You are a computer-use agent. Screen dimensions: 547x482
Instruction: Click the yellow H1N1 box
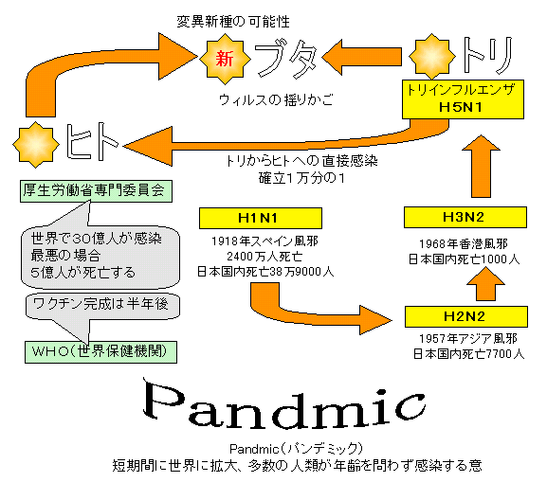(x=261, y=218)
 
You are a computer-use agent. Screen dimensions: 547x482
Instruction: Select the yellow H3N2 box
(x=465, y=217)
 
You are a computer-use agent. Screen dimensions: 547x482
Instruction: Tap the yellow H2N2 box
(x=466, y=317)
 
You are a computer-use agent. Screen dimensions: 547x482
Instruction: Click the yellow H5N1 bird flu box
(x=463, y=99)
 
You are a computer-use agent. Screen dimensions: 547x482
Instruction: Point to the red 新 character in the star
(x=225, y=59)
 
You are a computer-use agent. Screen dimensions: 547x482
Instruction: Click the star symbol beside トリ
(x=432, y=57)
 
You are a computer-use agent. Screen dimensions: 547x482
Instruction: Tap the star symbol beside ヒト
(x=36, y=145)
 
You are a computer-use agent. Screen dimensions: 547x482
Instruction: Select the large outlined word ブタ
(x=286, y=60)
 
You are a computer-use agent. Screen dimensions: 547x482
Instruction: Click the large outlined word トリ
(x=488, y=55)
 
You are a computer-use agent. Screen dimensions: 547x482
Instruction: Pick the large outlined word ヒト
(x=92, y=141)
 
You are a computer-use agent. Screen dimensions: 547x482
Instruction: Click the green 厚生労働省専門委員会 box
(x=96, y=191)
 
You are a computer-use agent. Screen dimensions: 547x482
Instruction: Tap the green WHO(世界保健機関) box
(x=100, y=352)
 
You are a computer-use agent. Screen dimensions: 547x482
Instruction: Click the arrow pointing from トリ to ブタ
(x=361, y=57)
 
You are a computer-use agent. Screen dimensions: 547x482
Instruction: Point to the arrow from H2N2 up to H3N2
(x=486, y=284)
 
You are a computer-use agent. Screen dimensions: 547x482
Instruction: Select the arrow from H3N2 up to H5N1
(x=481, y=167)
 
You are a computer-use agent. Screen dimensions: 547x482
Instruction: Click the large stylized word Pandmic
(x=284, y=403)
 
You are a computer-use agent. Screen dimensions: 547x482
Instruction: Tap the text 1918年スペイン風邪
(x=264, y=241)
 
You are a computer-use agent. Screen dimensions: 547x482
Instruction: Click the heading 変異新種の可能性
(x=233, y=22)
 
